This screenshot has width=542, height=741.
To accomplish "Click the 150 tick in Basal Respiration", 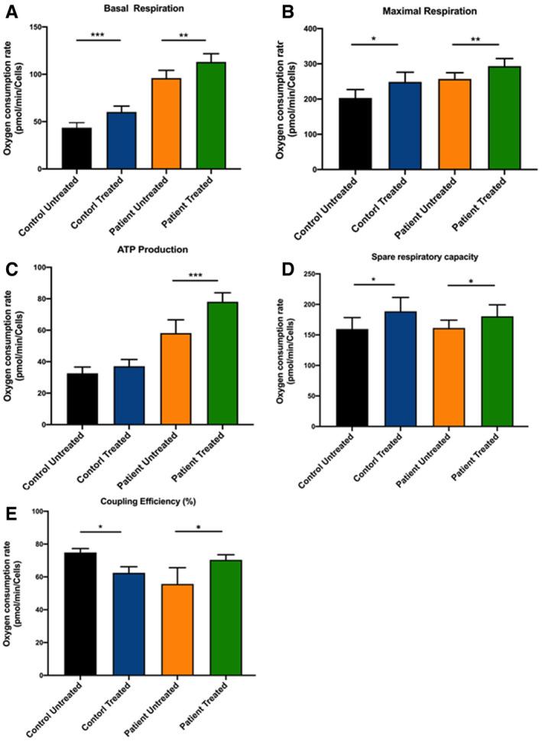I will pos(50,28).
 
